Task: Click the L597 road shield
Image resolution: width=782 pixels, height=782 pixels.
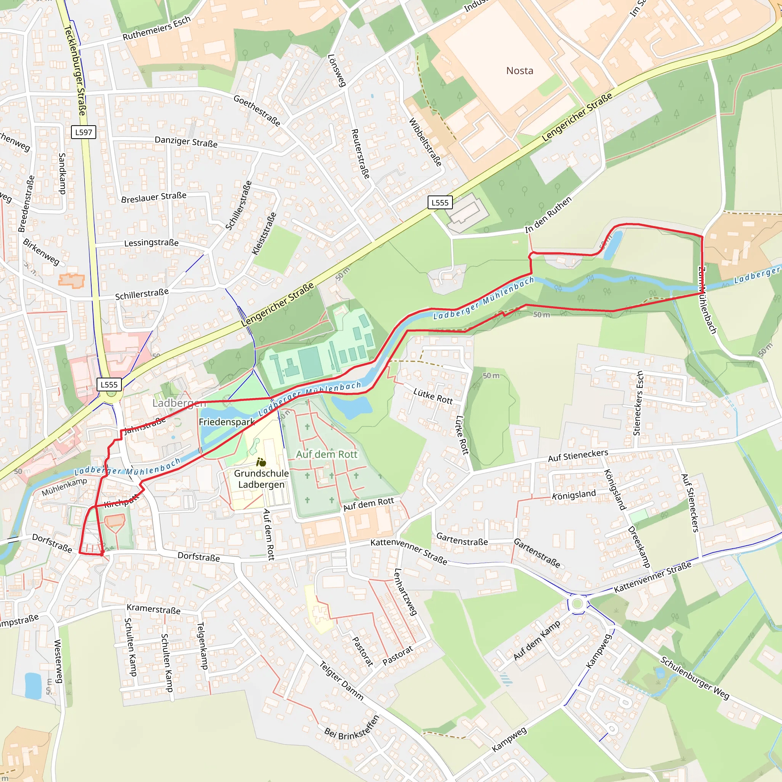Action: coord(83,132)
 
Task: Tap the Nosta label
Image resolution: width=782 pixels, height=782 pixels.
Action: coord(520,71)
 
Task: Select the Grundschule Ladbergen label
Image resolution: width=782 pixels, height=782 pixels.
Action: coord(262,479)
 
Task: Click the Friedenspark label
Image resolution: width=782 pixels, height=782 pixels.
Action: coord(226,422)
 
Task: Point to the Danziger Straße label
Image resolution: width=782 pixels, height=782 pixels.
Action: coord(186,142)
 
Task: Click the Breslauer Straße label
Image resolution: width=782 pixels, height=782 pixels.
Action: coord(154,197)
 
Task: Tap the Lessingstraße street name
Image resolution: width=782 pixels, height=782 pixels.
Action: coord(151,243)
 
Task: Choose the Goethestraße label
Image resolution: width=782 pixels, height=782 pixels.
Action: coord(257,110)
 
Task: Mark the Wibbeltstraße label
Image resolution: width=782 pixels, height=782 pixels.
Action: coord(425,142)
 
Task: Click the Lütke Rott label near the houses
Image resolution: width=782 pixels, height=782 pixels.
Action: coord(433,396)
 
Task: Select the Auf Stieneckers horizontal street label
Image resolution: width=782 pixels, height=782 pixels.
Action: coord(578,456)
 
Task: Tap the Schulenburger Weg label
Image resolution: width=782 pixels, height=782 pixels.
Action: coord(695,678)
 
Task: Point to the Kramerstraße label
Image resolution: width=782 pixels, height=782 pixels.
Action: coord(154,609)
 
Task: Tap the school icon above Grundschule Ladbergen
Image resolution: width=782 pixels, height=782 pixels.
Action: coord(261,462)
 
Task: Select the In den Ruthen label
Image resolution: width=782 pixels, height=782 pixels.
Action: coord(548,215)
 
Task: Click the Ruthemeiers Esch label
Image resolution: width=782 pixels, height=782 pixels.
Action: coord(157,28)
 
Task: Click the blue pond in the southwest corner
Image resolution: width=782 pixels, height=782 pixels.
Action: coord(33,686)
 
